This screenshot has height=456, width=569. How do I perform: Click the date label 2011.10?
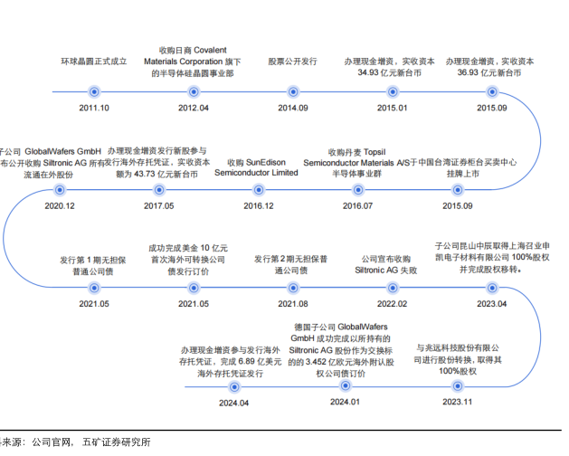pos(93,108)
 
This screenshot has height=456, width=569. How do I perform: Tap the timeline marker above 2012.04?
pos(194,91)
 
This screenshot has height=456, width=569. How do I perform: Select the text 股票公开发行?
pos(292,61)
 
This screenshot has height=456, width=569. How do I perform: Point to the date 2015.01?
pos(391,108)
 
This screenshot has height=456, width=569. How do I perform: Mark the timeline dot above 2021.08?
pos(292,287)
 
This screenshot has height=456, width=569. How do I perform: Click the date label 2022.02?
pos(391,303)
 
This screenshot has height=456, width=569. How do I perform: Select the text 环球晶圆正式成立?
pos(94,61)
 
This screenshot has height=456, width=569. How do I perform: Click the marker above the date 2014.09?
pos(292,91)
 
